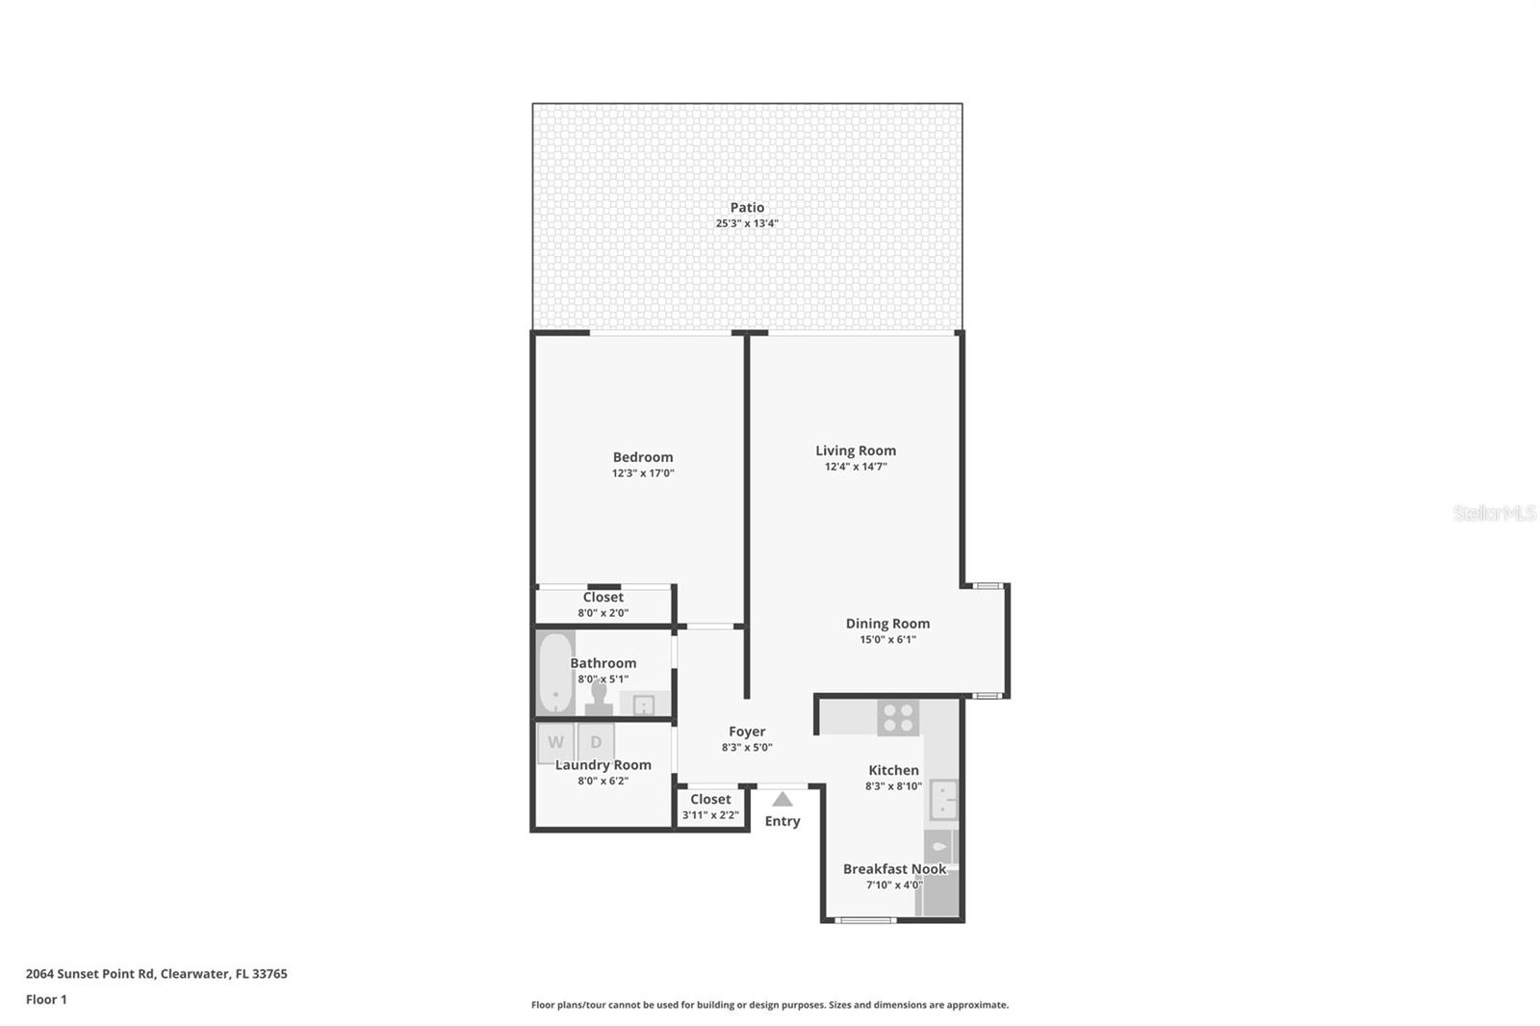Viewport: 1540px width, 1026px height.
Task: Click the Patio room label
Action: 747,207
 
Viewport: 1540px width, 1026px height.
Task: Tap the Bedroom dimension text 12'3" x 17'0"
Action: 643,474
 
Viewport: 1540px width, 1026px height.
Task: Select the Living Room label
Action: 856,450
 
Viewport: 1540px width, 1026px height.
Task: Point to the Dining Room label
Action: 887,624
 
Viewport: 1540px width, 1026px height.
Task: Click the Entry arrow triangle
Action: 783,799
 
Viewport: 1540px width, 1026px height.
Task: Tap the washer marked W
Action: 556,742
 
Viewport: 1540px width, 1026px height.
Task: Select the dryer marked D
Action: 596,742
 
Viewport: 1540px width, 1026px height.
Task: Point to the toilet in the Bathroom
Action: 599,699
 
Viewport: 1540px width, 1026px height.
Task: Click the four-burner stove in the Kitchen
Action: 898,718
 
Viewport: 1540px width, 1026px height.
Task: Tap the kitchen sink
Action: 943,800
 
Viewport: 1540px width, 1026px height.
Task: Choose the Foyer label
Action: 747,731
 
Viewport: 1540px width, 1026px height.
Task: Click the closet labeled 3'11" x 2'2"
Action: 710,807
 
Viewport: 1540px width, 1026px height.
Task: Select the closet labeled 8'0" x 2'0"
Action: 603,604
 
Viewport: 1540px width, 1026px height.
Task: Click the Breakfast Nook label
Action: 894,869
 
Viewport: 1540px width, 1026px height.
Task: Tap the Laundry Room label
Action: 603,765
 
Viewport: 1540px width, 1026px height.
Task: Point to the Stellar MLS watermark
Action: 1494,513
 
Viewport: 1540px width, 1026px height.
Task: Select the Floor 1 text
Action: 46,999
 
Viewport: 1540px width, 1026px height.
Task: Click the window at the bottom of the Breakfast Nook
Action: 864,920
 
